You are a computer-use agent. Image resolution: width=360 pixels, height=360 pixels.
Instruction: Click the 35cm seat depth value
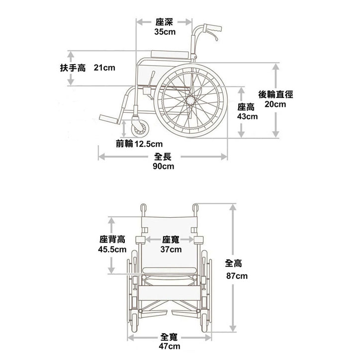pos(165,32)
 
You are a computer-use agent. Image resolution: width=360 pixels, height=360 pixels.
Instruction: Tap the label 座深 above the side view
pos(165,22)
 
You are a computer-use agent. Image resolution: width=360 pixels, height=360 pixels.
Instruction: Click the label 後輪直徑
pos(275,94)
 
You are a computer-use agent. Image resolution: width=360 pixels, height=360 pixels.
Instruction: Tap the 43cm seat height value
pos(247,116)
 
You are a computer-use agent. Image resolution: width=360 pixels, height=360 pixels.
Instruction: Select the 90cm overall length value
pos(164,166)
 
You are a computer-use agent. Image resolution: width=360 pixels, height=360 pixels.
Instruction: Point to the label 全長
pos(164,157)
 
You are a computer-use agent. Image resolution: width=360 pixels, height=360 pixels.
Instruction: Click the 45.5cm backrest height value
pos(112,249)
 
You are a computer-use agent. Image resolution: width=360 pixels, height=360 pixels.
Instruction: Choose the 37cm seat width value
pos(171,249)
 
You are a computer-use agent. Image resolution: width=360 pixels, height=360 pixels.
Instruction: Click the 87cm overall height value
pos(237,276)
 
